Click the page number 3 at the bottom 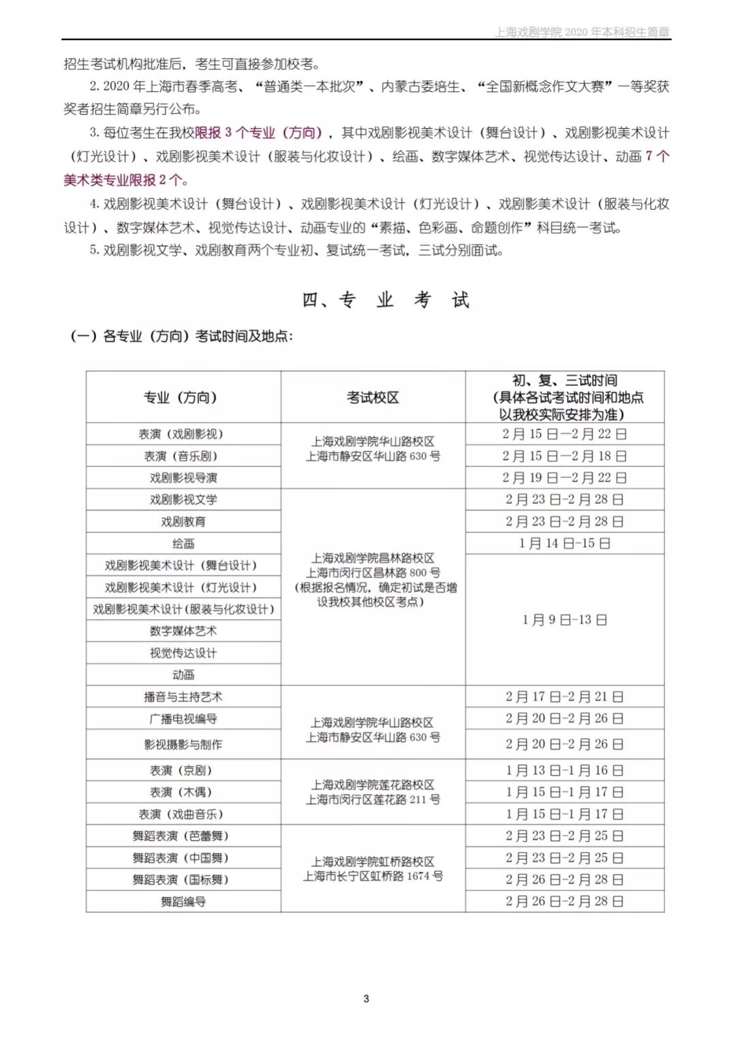[x=366, y=999]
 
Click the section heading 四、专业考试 [x=386, y=300]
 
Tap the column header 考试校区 [x=373, y=397]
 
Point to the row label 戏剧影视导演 [x=183, y=478]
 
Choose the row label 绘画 [x=183, y=543]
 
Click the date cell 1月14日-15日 [x=564, y=543]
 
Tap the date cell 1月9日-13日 [x=564, y=620]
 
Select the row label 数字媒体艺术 [x=183, y=631]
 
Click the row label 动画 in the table [x=183, y=675]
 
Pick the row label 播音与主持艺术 [x=183, y=697]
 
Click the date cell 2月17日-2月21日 [x=564, y=697]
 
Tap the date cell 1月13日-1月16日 [x=564, y=770]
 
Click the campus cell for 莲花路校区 [x=373, y=792]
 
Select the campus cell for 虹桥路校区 [x=373, y=869]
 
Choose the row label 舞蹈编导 [x=183, y=902]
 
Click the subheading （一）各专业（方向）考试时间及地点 [x=181, y=336]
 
